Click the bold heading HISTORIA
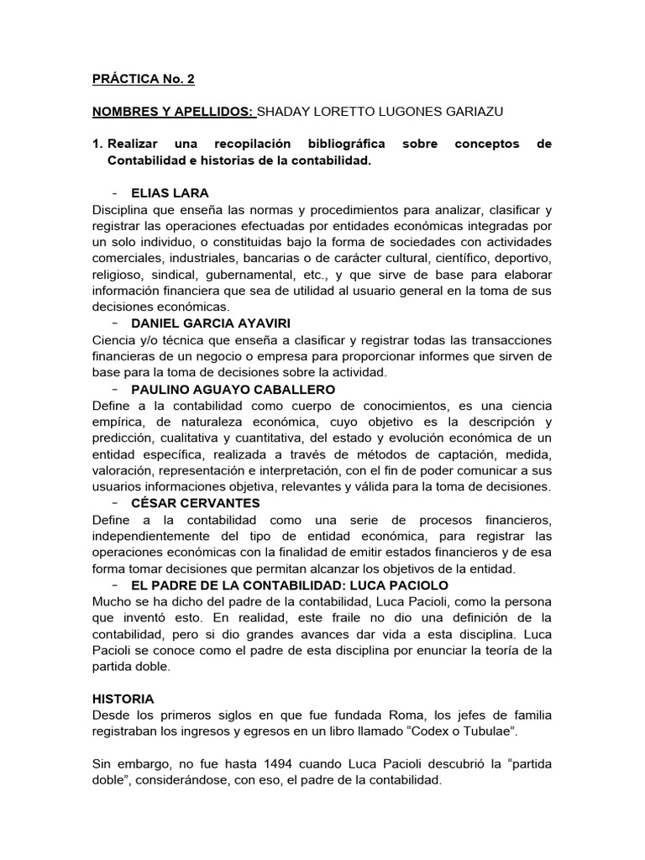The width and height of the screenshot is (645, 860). click(x=122, y=698)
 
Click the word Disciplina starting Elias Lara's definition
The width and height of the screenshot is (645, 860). click(x=122, y=209)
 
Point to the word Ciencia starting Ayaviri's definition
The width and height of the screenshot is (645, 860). click(x=115, y=340)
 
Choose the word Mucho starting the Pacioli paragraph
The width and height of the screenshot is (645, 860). click(x=112, y=601)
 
